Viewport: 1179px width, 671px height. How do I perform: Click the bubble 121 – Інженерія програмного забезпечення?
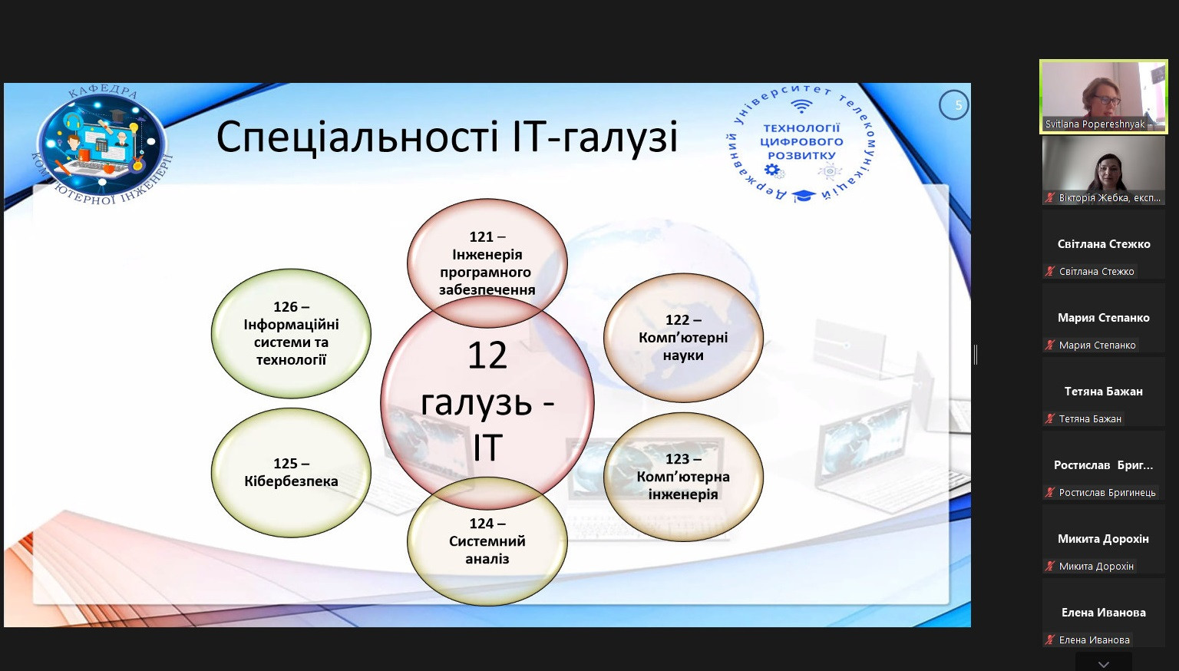pos(487,263)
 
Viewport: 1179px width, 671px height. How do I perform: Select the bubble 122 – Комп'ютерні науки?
pos(683,337)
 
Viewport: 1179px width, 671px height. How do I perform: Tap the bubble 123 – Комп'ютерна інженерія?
pos(683,477)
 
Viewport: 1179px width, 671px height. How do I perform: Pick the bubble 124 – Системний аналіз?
pos(487,541)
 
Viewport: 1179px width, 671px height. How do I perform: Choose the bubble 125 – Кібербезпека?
pos(291,472)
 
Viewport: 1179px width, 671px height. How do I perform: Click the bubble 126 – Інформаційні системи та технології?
pos(291,333)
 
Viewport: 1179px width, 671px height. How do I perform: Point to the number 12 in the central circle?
pos(487,355)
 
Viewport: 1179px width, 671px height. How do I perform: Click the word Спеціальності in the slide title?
pos(357,137)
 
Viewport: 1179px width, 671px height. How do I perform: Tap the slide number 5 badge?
pos(954,105)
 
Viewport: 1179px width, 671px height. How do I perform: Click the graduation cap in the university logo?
pos(803,196)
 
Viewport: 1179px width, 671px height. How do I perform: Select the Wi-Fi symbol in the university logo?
pos(801,107)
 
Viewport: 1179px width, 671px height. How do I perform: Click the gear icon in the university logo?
pos(773,170)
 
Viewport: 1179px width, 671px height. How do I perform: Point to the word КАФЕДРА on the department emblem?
pos(103,91)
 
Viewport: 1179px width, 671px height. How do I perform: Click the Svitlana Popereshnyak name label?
pos(1095,124)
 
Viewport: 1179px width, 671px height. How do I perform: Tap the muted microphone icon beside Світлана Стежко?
pos(1050,272)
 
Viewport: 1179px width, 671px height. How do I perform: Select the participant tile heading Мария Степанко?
pos(1104,317)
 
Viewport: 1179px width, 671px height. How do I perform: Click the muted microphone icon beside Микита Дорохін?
pos(1050,567)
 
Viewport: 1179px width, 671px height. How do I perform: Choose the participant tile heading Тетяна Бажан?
pos(1104,391)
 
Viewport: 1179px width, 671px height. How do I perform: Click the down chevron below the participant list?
pos(1104,664)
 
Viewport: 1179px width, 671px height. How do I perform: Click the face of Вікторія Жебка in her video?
pos(1109,171)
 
